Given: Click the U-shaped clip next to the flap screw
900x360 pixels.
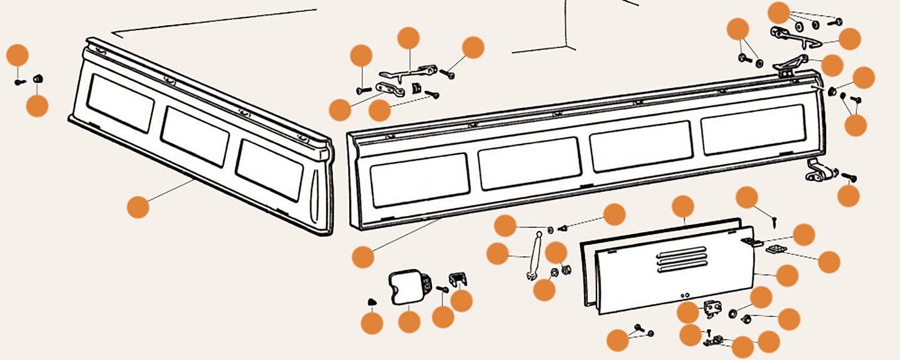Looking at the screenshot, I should coord(458,280).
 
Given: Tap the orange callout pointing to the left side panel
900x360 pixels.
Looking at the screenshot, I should coord(138,208).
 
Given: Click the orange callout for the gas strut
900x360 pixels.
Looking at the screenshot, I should coord(497,254).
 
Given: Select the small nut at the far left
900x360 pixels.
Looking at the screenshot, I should coord(37,79).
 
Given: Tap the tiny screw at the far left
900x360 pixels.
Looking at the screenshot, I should coord(17,81).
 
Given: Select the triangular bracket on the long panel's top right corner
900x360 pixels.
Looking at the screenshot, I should coord(790,63).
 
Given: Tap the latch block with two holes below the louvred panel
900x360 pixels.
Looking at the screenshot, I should coord(712,308).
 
